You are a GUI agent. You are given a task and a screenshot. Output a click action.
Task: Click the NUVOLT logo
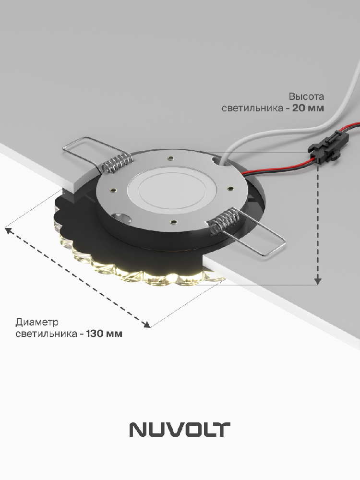coord(180,430)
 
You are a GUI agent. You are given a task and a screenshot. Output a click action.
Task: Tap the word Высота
coord(306,96)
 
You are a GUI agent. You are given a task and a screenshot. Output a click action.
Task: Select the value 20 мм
coord(308,108)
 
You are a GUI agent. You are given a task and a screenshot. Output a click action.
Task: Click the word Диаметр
coord(37,322)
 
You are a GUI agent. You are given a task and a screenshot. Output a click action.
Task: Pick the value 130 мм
coord(104,334)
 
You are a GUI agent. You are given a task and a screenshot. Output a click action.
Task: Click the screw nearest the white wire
coord(170,158)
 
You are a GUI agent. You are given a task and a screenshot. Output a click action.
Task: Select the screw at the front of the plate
coord(174,221)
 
